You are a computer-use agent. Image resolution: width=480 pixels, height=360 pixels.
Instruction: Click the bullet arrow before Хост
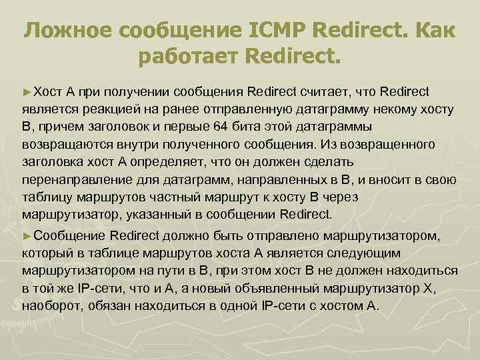(x=27, y=91)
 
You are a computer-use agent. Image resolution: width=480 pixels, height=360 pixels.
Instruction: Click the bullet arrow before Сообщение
(x=27, y=235)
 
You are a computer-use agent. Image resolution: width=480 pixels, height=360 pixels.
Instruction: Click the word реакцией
(x=109, y=109)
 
